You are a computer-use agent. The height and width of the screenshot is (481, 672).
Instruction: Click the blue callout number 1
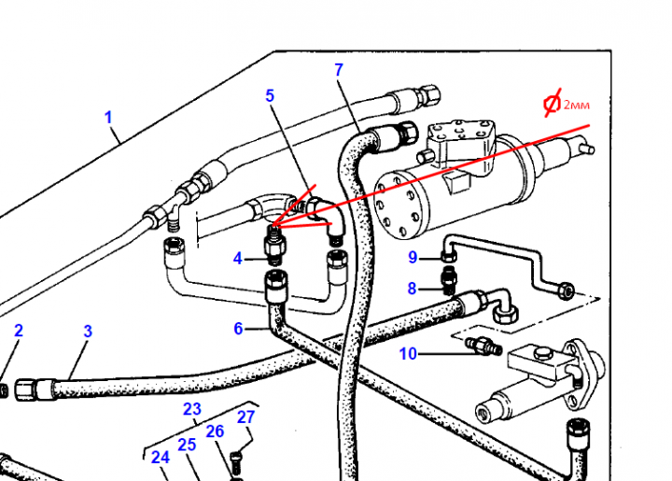108,118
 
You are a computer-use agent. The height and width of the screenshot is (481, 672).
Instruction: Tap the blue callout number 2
18,331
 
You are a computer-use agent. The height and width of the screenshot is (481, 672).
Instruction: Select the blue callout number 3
88,332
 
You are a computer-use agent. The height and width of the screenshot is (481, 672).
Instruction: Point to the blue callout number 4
238,258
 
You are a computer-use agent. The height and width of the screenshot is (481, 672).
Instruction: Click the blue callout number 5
270,95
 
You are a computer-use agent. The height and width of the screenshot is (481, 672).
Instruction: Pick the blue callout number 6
238,328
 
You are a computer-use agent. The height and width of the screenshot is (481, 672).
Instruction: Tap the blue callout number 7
339,70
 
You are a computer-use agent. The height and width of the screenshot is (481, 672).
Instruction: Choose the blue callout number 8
412,289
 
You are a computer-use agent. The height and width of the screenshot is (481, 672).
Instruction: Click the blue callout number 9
412,258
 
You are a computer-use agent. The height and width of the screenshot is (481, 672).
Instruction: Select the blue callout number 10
408,353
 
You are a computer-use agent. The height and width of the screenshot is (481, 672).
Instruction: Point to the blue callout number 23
191,408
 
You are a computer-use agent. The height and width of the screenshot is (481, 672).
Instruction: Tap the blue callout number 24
161,457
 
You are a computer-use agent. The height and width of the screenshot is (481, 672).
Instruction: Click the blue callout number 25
187,445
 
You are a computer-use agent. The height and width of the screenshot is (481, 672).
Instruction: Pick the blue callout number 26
215,431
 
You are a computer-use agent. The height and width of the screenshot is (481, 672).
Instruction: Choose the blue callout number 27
245,417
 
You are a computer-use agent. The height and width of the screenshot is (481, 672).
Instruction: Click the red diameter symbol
553,105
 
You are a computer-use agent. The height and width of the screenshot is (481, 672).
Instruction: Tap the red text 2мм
576,105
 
